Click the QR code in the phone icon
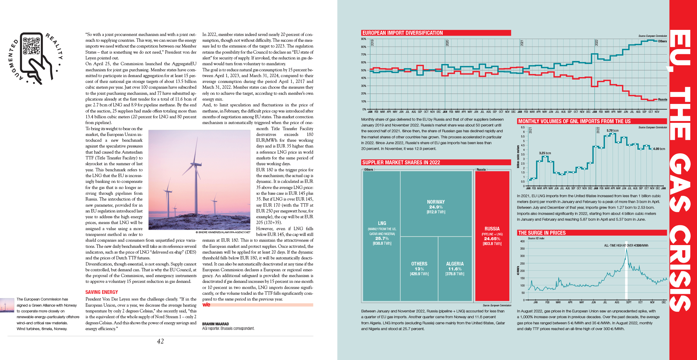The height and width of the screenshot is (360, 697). pos(32,45)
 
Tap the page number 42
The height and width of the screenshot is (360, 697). pos(160,341)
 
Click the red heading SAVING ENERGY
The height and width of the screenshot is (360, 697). pos(101,292)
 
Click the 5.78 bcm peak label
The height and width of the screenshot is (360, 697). pos(612,130)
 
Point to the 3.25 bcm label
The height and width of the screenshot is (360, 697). pos(545,153)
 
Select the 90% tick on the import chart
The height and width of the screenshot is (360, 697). pos(363,39)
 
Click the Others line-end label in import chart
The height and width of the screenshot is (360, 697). pos(662,41)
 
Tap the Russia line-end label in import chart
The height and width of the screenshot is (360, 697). pos(662,99)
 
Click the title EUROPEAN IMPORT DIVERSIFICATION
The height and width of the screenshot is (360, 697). pos(402,33)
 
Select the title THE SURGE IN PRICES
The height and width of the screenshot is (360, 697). pos(542,233)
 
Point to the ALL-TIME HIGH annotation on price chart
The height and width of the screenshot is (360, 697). pos(626,245)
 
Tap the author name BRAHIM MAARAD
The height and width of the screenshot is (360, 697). pos(215,324)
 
